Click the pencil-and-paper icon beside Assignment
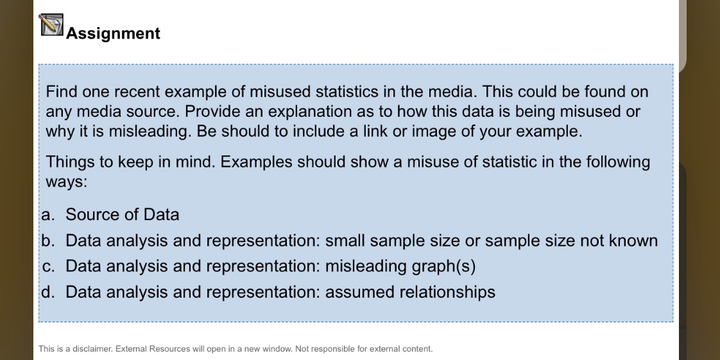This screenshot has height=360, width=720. [x=51, y=25]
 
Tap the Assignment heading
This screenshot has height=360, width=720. [x=113, y=33]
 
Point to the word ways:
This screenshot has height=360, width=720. [x=66, y=182]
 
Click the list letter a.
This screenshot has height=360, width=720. [x=47, y=215]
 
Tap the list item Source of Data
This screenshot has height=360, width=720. [x=122, y=215]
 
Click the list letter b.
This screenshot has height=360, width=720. [x=47, y=241]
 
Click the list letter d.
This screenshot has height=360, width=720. [x=47, y=292]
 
